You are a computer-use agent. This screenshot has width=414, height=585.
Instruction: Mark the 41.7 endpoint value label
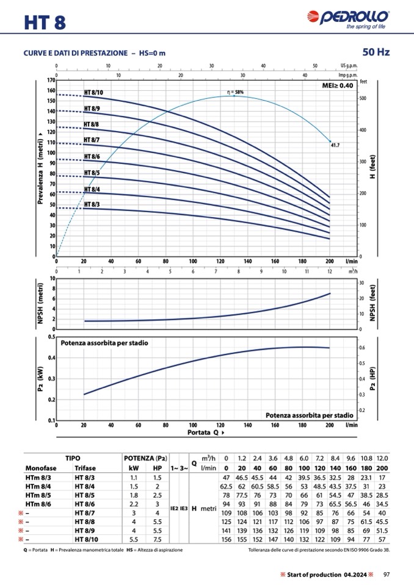click(x=335, y=146)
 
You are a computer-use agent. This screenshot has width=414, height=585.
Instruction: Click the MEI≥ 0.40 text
click(x=337, y=86)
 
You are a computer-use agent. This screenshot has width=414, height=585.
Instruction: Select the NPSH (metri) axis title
click(x=40, y=303)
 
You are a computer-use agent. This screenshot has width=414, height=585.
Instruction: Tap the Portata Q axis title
click(x=202, y=432)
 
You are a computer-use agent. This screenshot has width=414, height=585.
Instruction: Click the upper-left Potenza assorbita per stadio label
click(x=104, y=343)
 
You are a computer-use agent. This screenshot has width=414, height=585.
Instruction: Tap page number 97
click(x=386, y=574)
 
